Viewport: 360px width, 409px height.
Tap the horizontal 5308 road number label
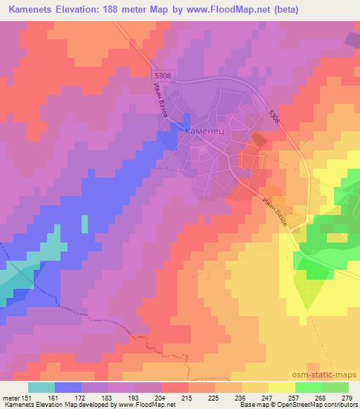pos(163,76)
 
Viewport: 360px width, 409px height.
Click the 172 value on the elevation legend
pos(82,397)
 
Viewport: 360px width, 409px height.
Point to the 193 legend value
pos(135,397)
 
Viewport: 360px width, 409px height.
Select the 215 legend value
pos(188,397)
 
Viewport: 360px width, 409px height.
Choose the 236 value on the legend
pos(241,397)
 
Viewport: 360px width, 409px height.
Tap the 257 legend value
pos(295,397)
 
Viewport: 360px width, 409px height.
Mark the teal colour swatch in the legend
pos(41,387)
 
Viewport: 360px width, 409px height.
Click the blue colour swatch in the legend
pos(68,387)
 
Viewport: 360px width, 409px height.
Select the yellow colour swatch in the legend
pos(282,387)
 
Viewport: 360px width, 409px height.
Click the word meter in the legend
pos(10,397)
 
